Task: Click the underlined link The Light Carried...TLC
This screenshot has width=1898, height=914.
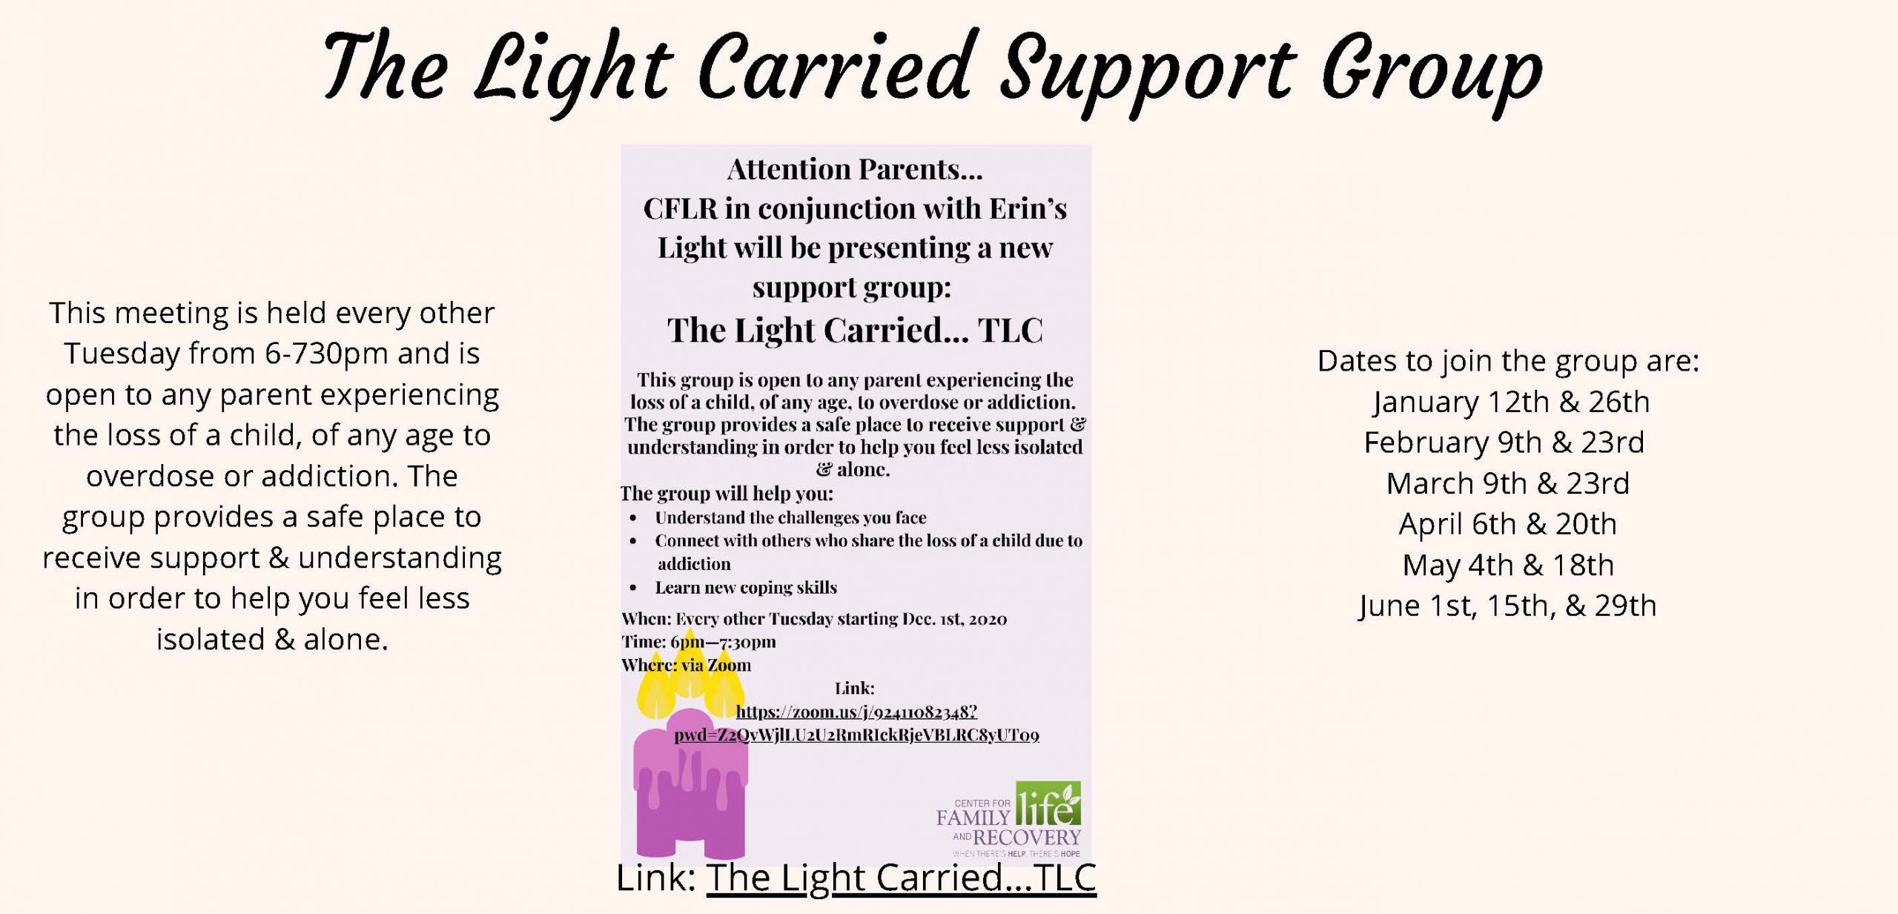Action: pos(901,878)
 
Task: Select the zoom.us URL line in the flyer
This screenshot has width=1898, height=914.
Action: pos(856,712)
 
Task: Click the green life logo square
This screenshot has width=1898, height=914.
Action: pos(1048,804)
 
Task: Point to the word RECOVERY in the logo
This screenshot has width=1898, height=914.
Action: pos(1027,838)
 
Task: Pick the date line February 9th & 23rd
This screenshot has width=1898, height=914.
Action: pos(1504,443)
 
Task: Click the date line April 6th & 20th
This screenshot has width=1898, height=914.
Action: pos(1507,524)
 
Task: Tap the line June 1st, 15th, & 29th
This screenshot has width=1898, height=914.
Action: pos(1507,606)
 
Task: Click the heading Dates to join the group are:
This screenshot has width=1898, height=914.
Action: pos(1508,361)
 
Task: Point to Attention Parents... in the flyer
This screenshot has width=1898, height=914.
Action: pos(855,170)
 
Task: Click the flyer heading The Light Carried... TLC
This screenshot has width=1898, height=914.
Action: pos(855,330)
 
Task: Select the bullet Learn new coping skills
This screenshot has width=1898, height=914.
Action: pos(746,588)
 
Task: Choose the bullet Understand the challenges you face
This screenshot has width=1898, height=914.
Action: pos(790,517)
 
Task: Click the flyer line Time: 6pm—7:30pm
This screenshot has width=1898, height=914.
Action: pos(698,642)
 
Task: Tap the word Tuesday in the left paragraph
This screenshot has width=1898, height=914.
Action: pos(122,354)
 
